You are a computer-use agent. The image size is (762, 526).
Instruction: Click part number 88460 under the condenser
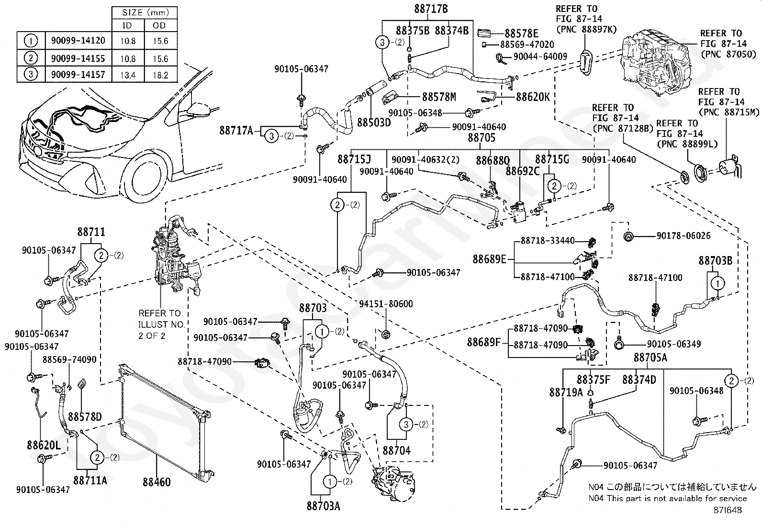pos(157,481)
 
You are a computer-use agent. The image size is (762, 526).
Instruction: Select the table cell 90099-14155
pos(78,58)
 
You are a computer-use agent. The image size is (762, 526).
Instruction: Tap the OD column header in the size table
pos(160,25)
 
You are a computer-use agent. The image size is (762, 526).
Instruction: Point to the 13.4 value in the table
pos(128,75)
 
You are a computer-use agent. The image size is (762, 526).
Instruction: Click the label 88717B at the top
pos(431,9)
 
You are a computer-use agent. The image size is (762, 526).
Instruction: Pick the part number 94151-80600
pos(386,304)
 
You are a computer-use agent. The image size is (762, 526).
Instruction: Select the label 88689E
pos(489,259)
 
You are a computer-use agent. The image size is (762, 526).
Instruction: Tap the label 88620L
pos(44,446)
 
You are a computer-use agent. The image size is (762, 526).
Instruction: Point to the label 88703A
pos(324,505)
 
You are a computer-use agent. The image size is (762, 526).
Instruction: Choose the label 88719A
pos(566,392)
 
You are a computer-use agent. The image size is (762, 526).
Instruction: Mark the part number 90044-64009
pos(540,56)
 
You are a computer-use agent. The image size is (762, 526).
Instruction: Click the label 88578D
pos(85,416)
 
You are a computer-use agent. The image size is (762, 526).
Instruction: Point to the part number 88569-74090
pos(69,359)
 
